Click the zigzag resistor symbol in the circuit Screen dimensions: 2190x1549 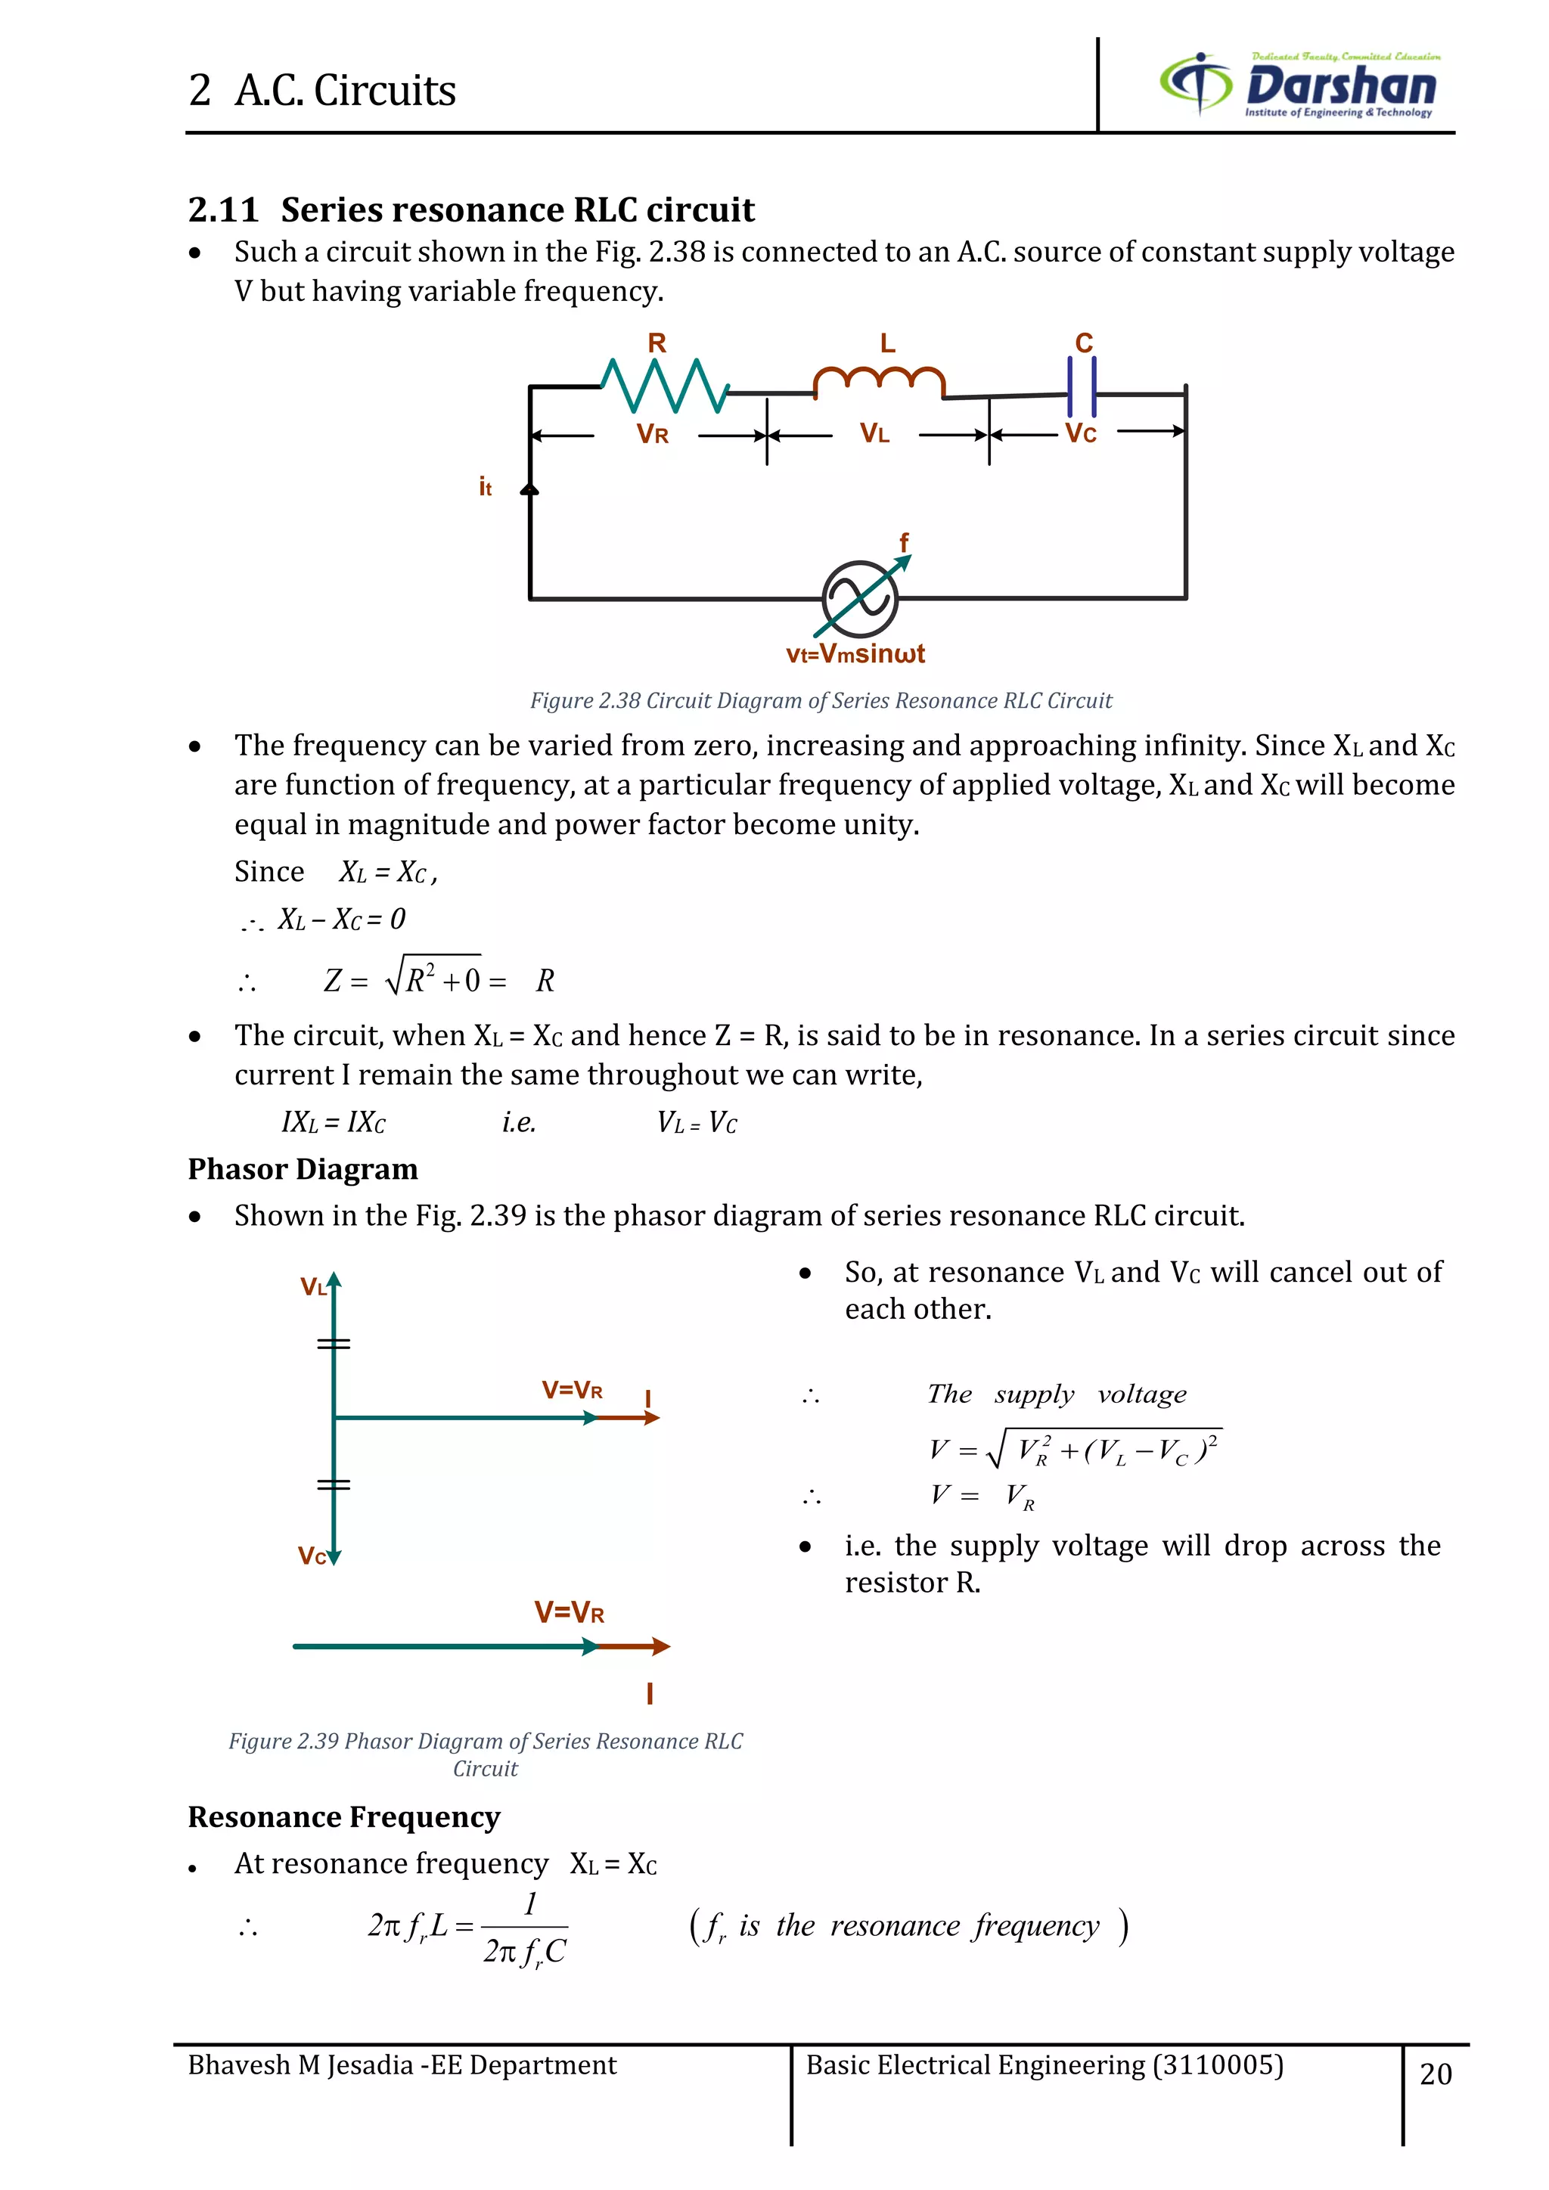tap(665, 386)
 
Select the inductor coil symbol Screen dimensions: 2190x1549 tap(878, 380)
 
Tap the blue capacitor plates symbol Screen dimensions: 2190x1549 tap(1082, 386)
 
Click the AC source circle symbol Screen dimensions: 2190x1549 tap(859, 599)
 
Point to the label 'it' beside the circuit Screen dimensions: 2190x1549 tap(486, 488)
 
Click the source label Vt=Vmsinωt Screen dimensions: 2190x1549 tap(855, 654)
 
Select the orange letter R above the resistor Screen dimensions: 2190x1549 tap(657, 343)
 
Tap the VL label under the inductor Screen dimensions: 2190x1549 tap(874, 434)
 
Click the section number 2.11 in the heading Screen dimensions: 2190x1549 tap(223, 209)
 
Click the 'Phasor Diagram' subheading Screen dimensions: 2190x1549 tap(303, 1169)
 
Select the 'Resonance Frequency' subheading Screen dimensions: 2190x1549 tap(343, 1817)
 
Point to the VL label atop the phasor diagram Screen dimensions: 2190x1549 tap(313, 1288)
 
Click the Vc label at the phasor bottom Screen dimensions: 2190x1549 tap(311, 1556)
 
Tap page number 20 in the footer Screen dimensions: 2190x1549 tap(1436, 2074)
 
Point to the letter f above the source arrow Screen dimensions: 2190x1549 tap(905, 541)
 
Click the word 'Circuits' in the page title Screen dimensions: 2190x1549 tap(384, 92)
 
